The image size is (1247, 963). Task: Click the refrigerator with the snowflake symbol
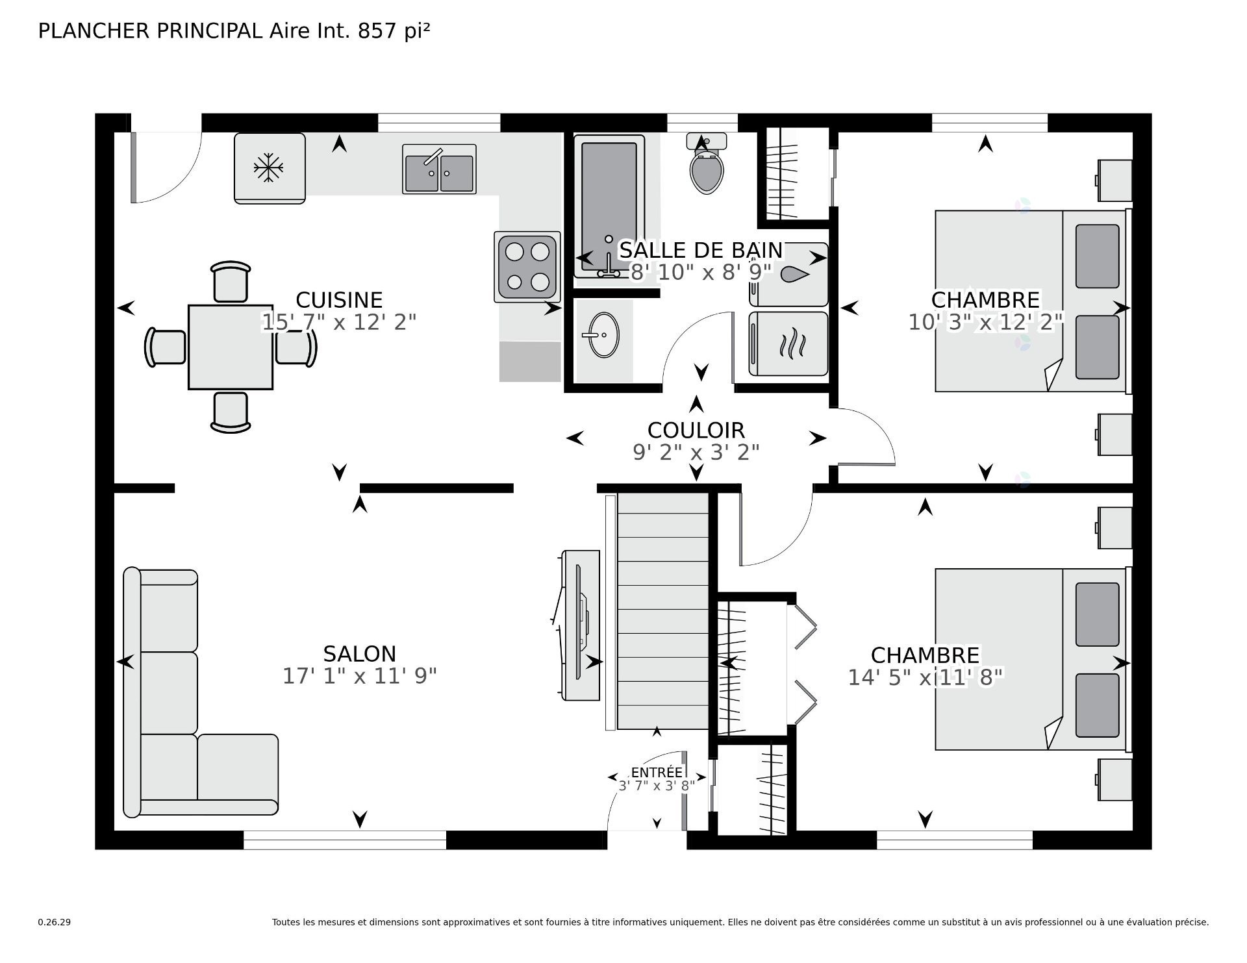[x=269, y=168]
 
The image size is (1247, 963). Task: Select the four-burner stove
[x=527, y=267]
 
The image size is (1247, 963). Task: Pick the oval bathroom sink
[x=603, y=335]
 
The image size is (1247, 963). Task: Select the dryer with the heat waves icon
[x=788, y=344]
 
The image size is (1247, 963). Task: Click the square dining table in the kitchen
[x=231, y=347]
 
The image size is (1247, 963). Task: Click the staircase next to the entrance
[x=662, y=610]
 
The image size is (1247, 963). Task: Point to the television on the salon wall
[x=580, y=625]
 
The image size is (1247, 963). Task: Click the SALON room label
[x=359, y=654]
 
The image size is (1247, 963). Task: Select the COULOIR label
[x=696, y=430]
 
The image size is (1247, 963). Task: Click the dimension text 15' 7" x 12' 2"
[x=338, y=322]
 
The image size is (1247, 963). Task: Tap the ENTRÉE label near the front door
[x=657, y=772]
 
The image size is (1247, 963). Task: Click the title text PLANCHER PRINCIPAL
[x=150, y=31]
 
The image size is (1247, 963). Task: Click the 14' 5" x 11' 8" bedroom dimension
[x=925, y=677]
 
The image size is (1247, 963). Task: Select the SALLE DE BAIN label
[x=700, y=250]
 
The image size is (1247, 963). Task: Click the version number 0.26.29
[x=55, y=922]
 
